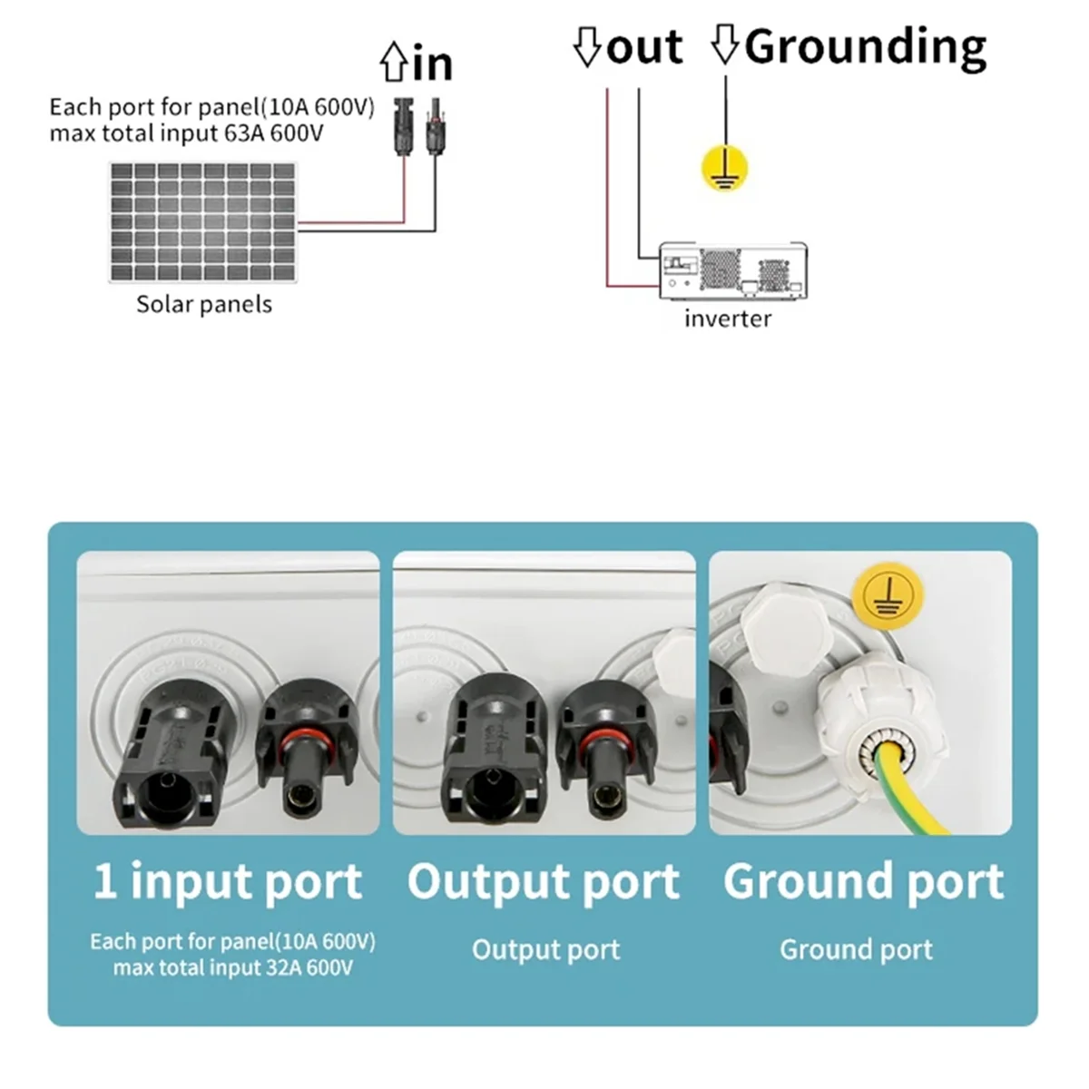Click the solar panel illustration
pos(203,221)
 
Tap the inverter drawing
pos(732,270)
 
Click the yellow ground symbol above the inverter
pos(726,168)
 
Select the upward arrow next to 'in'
pos(394,64)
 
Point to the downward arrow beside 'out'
pos(587,47)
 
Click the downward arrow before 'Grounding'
pos(724,45)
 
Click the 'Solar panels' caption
pos(204,304)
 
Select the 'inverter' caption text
pos(728,319)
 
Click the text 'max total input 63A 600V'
pos(186,134)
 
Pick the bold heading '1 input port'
pos(228,881)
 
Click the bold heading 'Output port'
pos(543,881)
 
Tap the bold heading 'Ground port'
pos(863,881)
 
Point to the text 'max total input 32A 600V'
pos(232,967)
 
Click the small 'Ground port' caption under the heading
pos(856,949)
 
